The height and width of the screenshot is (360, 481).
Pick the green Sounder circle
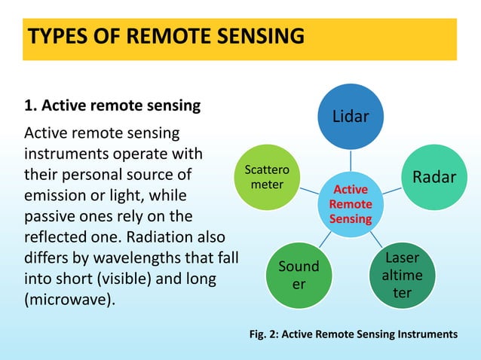(299, 274)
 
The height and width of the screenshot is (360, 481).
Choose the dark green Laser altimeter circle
(402, 276)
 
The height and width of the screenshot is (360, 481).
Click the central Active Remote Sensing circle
(351, 204)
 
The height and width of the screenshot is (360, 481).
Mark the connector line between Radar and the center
(391, 191)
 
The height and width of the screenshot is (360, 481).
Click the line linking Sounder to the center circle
(324, 239)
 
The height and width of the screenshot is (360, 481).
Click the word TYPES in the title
(57, 35)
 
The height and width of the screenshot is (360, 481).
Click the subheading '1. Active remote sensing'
(113, 105)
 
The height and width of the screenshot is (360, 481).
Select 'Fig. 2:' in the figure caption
(265, 334)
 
